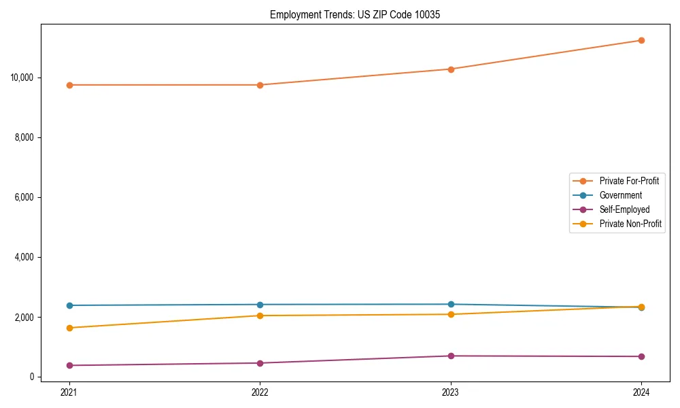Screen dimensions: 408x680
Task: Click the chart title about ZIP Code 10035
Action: point(355,14)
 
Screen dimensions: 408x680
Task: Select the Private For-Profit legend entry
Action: point(628,181)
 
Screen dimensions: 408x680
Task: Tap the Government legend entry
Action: point(620,195)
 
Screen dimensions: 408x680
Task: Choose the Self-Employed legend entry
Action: point(624,209)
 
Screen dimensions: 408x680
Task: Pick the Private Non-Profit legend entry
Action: point(630,224)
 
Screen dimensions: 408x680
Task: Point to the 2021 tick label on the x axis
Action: point(69,392)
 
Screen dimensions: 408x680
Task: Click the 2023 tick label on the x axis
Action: point(450,392)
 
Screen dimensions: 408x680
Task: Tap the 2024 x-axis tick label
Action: point(641,392)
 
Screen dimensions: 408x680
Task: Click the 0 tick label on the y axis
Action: point(31,377)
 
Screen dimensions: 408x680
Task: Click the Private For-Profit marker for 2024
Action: point(641,40)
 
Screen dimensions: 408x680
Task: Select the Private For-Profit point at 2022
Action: point(260,85)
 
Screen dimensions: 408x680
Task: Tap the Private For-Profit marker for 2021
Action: point(69,85)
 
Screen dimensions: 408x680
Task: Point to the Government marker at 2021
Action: point(69,305)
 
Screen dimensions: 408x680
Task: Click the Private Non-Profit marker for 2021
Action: point(69,328)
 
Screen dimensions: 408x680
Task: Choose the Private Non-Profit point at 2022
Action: point(260,316)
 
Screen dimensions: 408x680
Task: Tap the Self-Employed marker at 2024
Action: point(641,356)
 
